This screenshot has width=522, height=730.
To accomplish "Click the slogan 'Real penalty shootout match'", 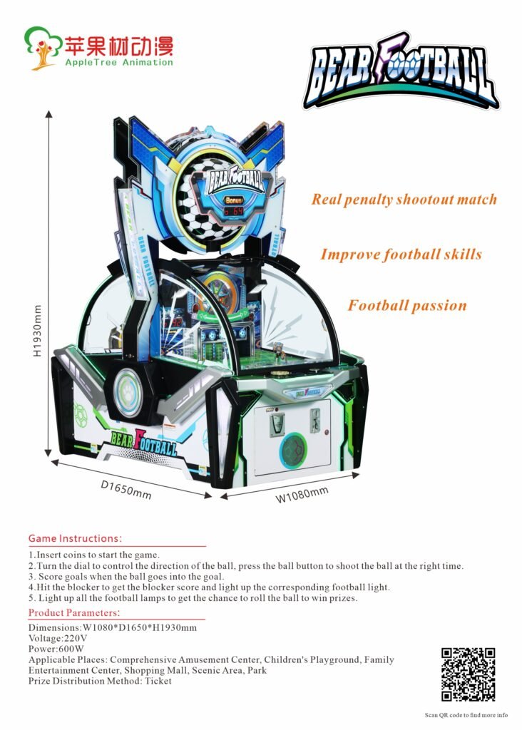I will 404,199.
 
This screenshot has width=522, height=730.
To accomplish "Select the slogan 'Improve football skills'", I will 401,255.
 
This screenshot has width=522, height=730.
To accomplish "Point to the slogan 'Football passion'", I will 407,306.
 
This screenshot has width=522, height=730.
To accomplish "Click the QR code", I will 468,674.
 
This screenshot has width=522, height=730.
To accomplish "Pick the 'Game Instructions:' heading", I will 75,538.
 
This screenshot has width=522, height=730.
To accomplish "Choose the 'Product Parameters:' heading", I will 73,613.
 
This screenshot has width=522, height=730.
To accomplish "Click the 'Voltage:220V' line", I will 58,638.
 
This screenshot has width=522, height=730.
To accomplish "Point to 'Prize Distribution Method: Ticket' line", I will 100,681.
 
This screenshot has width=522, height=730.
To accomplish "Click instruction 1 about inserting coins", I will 94,555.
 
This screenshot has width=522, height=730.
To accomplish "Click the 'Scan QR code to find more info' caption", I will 466,715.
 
